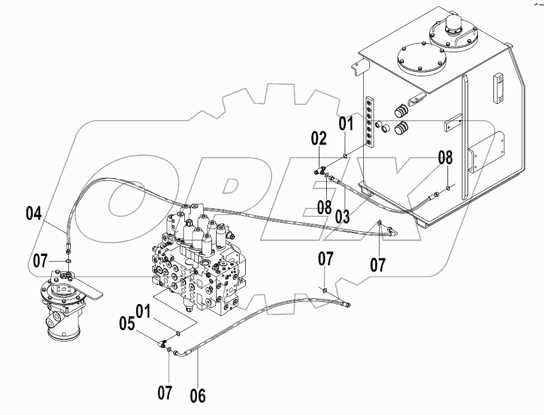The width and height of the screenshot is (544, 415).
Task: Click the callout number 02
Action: (x=319, y=138)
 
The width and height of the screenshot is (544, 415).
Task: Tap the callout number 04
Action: (x=34, y=215)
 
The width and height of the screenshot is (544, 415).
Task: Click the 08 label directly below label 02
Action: (x=325, y=207)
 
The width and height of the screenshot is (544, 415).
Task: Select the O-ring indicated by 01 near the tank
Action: (x=344, y=153)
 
